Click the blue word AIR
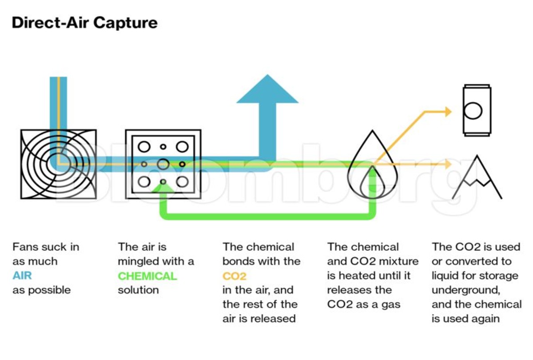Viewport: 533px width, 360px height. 22,276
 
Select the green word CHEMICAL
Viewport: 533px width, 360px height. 147,276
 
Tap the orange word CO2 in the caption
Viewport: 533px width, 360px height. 234,276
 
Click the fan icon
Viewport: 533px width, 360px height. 58,164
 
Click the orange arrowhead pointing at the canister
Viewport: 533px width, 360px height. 447,112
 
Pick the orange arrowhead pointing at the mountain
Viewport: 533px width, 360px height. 447,164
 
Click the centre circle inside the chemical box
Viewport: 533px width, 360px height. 163,164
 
